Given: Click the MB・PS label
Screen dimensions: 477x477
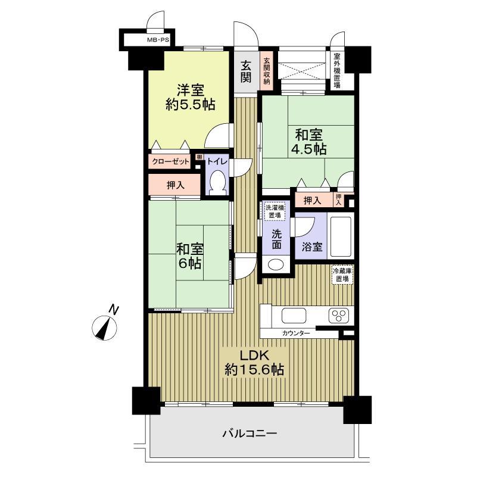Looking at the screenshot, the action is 158,40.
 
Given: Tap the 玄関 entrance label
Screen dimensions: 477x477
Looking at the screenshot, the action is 246,71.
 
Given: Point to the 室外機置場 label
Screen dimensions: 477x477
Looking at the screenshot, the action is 336,71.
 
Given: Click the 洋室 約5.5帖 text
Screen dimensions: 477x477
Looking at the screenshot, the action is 191,97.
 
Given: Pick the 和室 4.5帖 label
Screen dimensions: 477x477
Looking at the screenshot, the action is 308,142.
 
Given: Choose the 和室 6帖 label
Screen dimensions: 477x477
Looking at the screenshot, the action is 190,256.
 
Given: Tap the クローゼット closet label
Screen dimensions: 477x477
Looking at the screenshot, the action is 170,161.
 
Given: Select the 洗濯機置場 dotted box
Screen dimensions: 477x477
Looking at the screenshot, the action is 275,211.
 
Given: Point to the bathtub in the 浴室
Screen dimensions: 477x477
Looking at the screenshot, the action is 341,236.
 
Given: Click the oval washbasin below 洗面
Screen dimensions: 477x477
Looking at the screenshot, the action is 276,264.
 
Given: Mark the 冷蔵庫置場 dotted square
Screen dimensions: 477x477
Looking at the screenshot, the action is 342,275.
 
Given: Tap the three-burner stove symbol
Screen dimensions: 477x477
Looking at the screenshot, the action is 339,315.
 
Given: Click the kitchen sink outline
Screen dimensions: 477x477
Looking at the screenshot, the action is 294,315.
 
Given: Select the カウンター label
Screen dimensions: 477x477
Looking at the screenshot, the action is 296,333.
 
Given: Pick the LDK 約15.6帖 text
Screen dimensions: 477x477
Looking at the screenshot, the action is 254,363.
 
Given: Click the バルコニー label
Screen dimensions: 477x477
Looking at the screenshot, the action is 250,433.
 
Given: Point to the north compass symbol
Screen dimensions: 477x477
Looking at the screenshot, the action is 105,325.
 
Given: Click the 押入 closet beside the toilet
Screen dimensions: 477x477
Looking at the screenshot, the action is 174,185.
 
